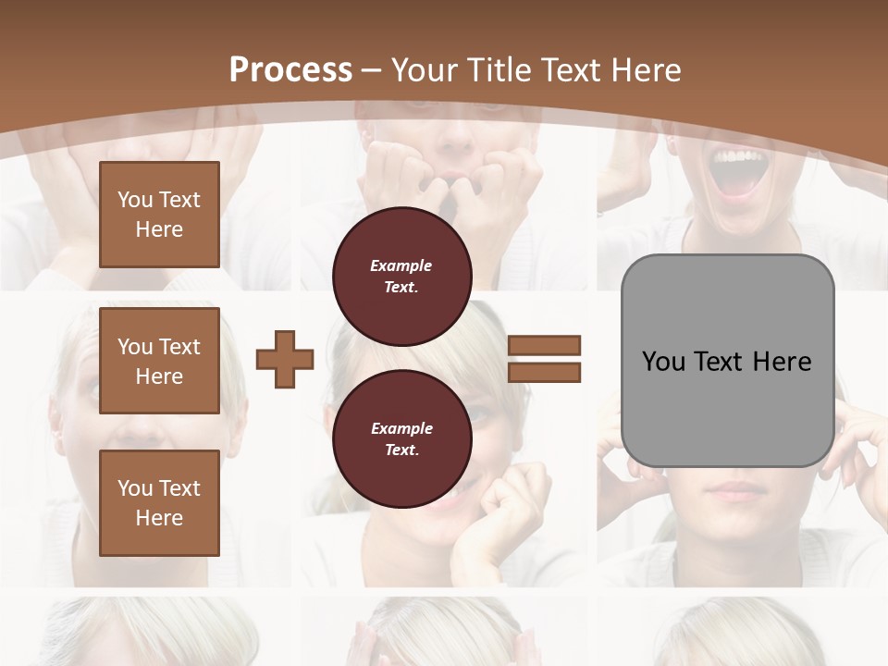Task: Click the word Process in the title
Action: [290, 70]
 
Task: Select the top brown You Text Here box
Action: [159, 215]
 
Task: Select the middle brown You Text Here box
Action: [159, 361]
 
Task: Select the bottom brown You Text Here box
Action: [159, 503]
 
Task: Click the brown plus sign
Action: [285, 358]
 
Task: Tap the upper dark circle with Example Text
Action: [402, 277]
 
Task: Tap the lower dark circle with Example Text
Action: [402, 439]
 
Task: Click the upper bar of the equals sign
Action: [544, 345]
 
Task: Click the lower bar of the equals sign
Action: [544, 372]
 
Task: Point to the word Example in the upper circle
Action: [401, 265]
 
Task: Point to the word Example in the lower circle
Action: [401, 428]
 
